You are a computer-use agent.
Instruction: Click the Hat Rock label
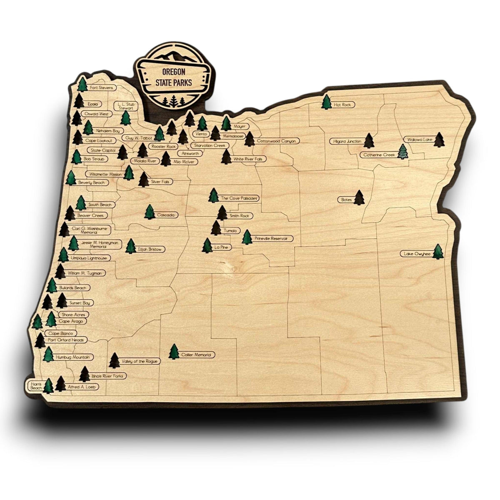(342, 105)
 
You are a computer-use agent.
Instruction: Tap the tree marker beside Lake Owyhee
(437, 252)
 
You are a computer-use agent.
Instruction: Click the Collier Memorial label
(197, 355)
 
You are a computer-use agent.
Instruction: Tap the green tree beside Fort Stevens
(82, 84)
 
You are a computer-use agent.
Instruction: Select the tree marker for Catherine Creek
(402, 152)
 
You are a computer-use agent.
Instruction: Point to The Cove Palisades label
(239, 198)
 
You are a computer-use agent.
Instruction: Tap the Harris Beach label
(36, 385)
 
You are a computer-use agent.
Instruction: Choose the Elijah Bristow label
(151, 249)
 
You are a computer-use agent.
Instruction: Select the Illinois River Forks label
(107, 376)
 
